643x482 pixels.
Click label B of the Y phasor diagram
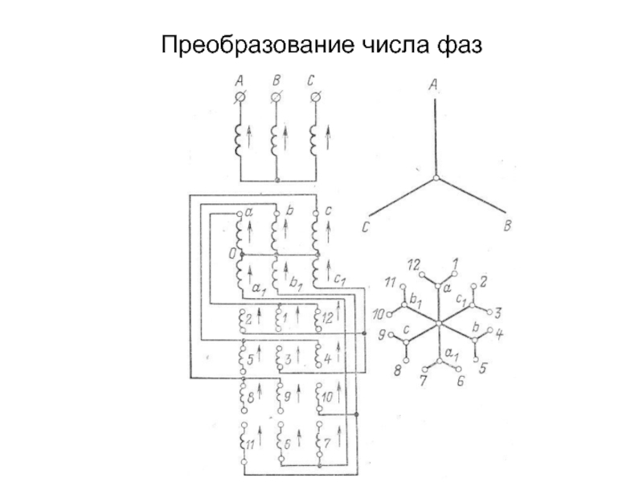pos(507,228)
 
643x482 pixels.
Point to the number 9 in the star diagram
pos(383,333)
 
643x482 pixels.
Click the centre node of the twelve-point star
pos(439,324)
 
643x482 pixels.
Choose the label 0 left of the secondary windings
pos(231,255)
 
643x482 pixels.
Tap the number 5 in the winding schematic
pos(250,358)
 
